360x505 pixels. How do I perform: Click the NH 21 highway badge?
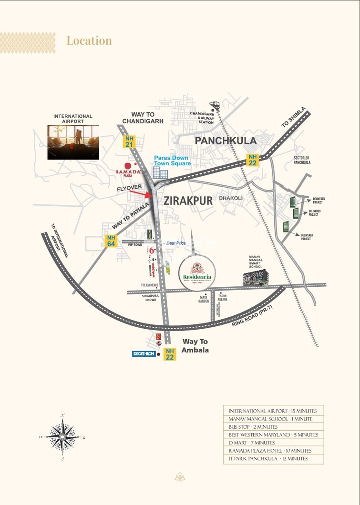(129, 141)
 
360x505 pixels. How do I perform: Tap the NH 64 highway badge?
(111, 241)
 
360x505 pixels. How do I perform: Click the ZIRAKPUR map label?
(188, 201)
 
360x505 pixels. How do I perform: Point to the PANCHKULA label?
(226, 141)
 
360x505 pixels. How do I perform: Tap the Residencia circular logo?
(197, 272)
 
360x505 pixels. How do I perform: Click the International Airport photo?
(73, 142)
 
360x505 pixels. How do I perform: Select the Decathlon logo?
(144, 354)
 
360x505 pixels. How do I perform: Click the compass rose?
(62, 436)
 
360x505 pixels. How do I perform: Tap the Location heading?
(89, 41)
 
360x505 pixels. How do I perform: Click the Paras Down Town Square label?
(172, 161)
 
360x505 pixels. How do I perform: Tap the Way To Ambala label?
(195, 345)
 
